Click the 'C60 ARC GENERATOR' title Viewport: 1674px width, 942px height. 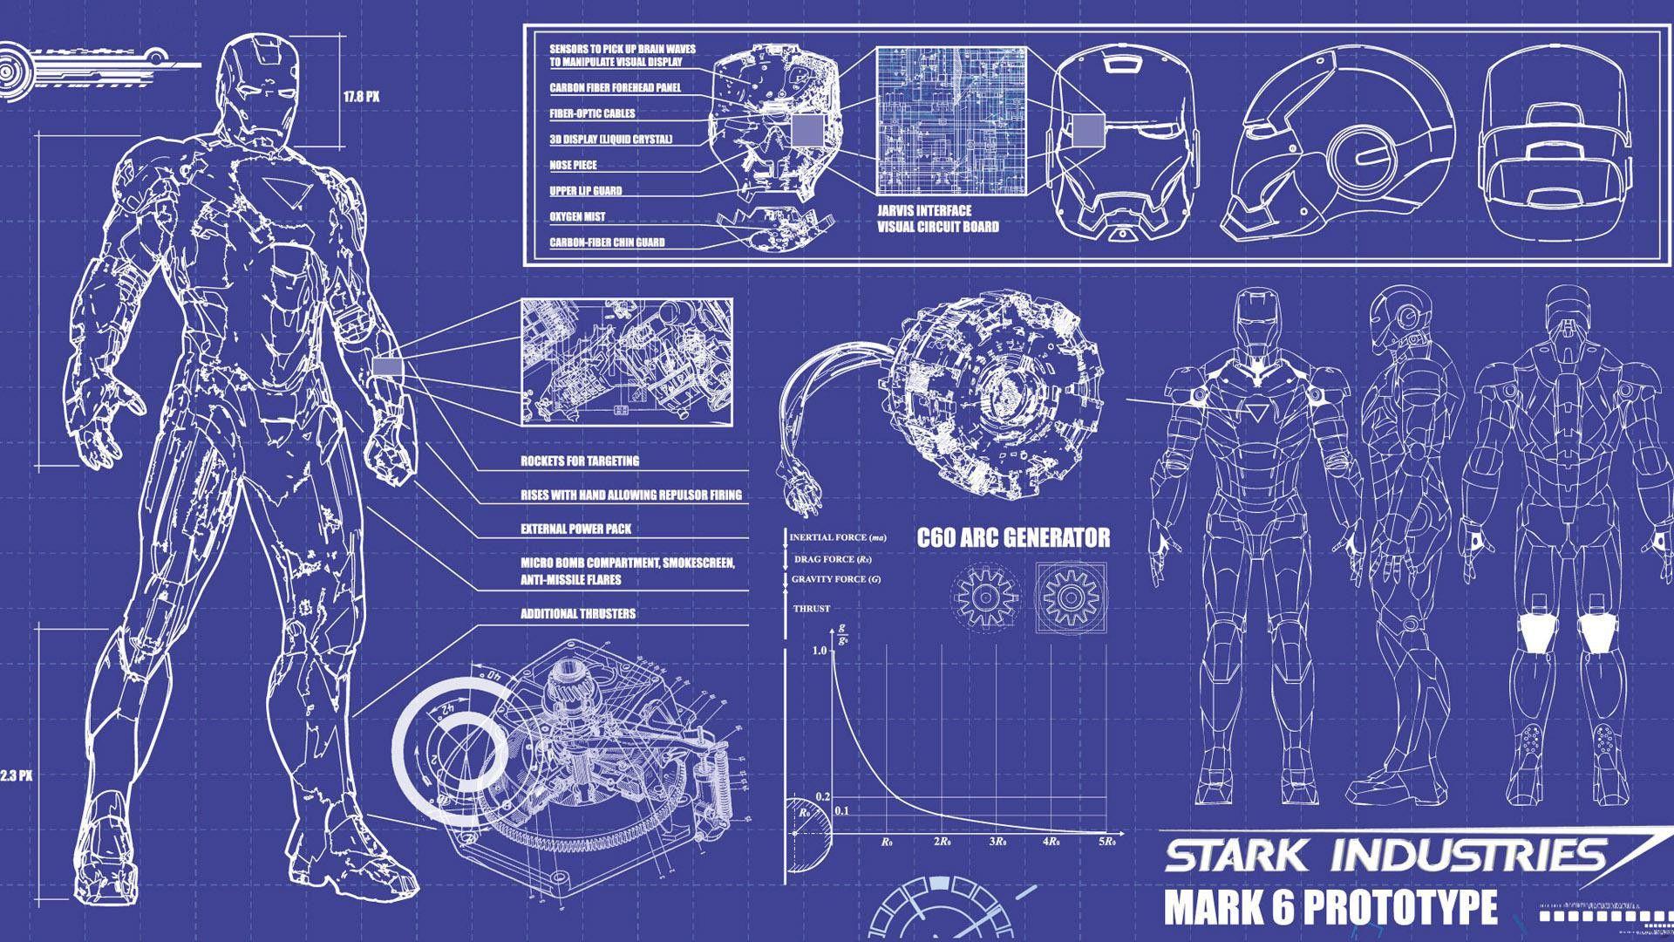tap(1013, 537)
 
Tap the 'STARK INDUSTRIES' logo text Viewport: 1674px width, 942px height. tap(1386, 856)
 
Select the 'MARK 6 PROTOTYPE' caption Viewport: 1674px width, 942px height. tap(1330, 907)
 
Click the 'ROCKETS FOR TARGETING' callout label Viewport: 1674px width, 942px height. tap(580, 461)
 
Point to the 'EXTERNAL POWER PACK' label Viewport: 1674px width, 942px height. tap(575, 529)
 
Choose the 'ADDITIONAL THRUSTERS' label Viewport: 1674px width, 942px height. tap(578, 614)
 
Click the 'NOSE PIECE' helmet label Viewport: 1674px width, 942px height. tap(573, 165)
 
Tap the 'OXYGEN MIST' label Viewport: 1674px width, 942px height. tap(577, 216)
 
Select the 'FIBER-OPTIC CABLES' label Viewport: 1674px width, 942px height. tap(592, 113)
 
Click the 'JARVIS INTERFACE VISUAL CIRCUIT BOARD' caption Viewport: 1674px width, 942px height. tap(937, 219)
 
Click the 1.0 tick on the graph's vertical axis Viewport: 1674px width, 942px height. tap(819, 651)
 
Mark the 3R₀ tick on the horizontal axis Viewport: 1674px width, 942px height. tap(998, 843)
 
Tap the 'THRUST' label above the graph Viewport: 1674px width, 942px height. tap(811, 609)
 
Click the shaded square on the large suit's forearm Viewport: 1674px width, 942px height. tap(388, 367)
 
